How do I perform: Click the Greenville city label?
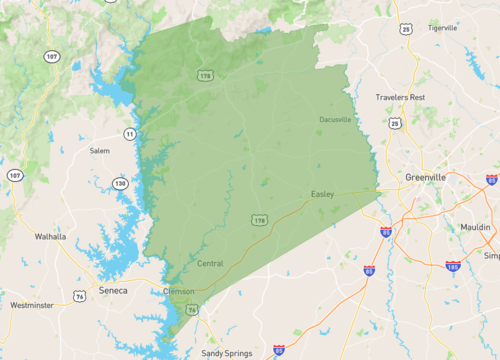point(426,177)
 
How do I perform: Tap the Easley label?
point(322,194)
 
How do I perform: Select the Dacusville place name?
point(335,120)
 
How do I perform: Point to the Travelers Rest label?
point(401,97)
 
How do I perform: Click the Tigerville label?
point(442,28)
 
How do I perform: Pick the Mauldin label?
point(475,228)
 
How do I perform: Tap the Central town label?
point(211,264)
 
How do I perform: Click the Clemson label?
point(178,292)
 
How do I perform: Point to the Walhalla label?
point(50,237)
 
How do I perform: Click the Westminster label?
point(32,305)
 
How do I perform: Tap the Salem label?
point(99,151)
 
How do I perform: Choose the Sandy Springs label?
point(226,353)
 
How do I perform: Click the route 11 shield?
point(129,133)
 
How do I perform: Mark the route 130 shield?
point(120,184)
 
